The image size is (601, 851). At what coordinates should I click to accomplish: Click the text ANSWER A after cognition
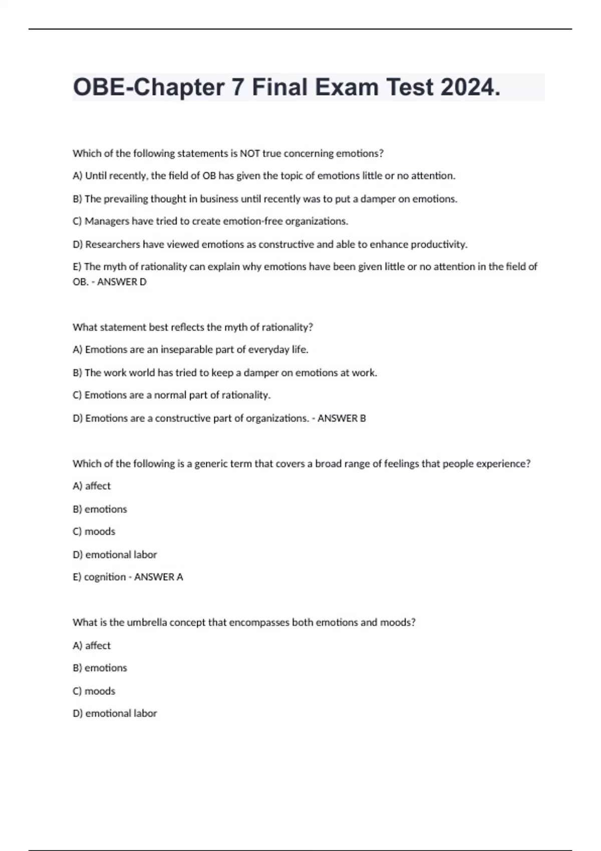pos(158,577)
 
